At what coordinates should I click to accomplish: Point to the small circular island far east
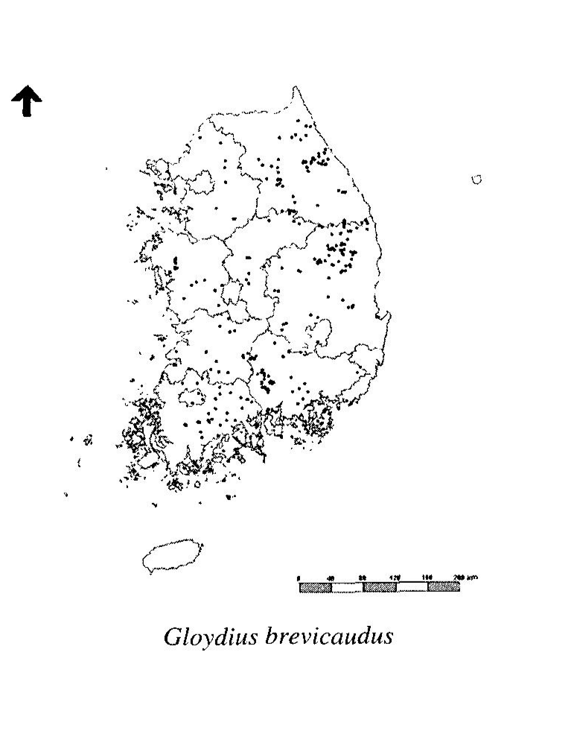(x=477, y=179)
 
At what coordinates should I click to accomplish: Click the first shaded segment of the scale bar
(x=315, y=587)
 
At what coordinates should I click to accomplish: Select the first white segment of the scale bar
(x=347, y=587)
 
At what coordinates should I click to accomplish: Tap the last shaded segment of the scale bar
(x=444, y=587)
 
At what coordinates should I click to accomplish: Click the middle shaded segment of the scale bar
(x=379, y=587)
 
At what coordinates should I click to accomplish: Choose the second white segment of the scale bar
(x=412, y=587)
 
